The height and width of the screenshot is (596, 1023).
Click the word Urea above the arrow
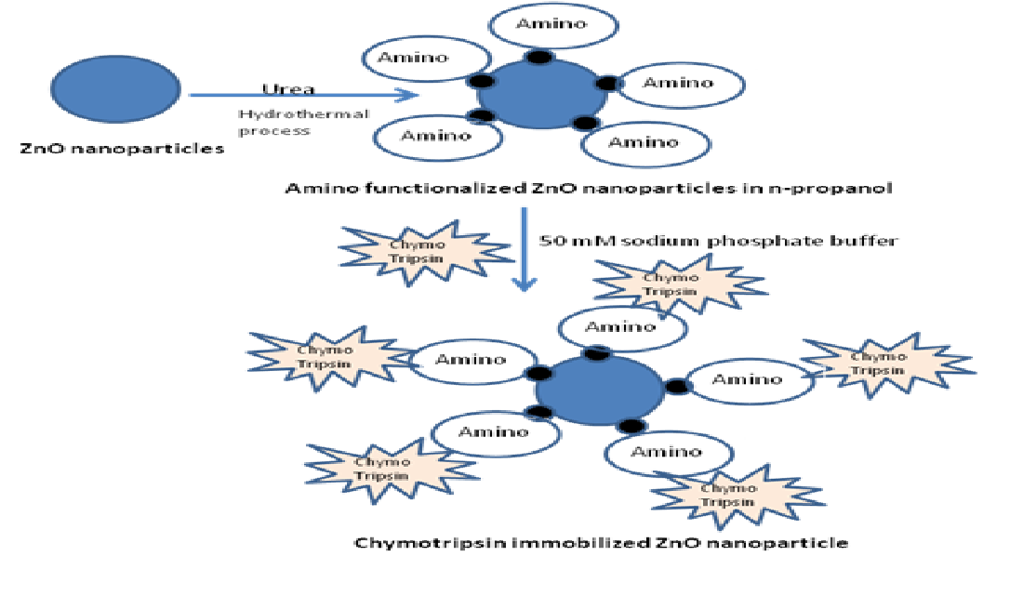tap(288, 89)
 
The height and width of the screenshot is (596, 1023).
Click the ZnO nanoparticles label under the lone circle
tap(122, 148)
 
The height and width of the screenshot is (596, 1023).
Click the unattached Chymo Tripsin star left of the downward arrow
tap(422, 249)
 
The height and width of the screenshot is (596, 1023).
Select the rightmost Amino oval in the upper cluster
tap(678, 84)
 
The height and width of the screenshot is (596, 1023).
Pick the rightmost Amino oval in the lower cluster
tap(746, 379)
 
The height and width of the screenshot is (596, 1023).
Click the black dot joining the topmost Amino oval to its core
tap(537, 58)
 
